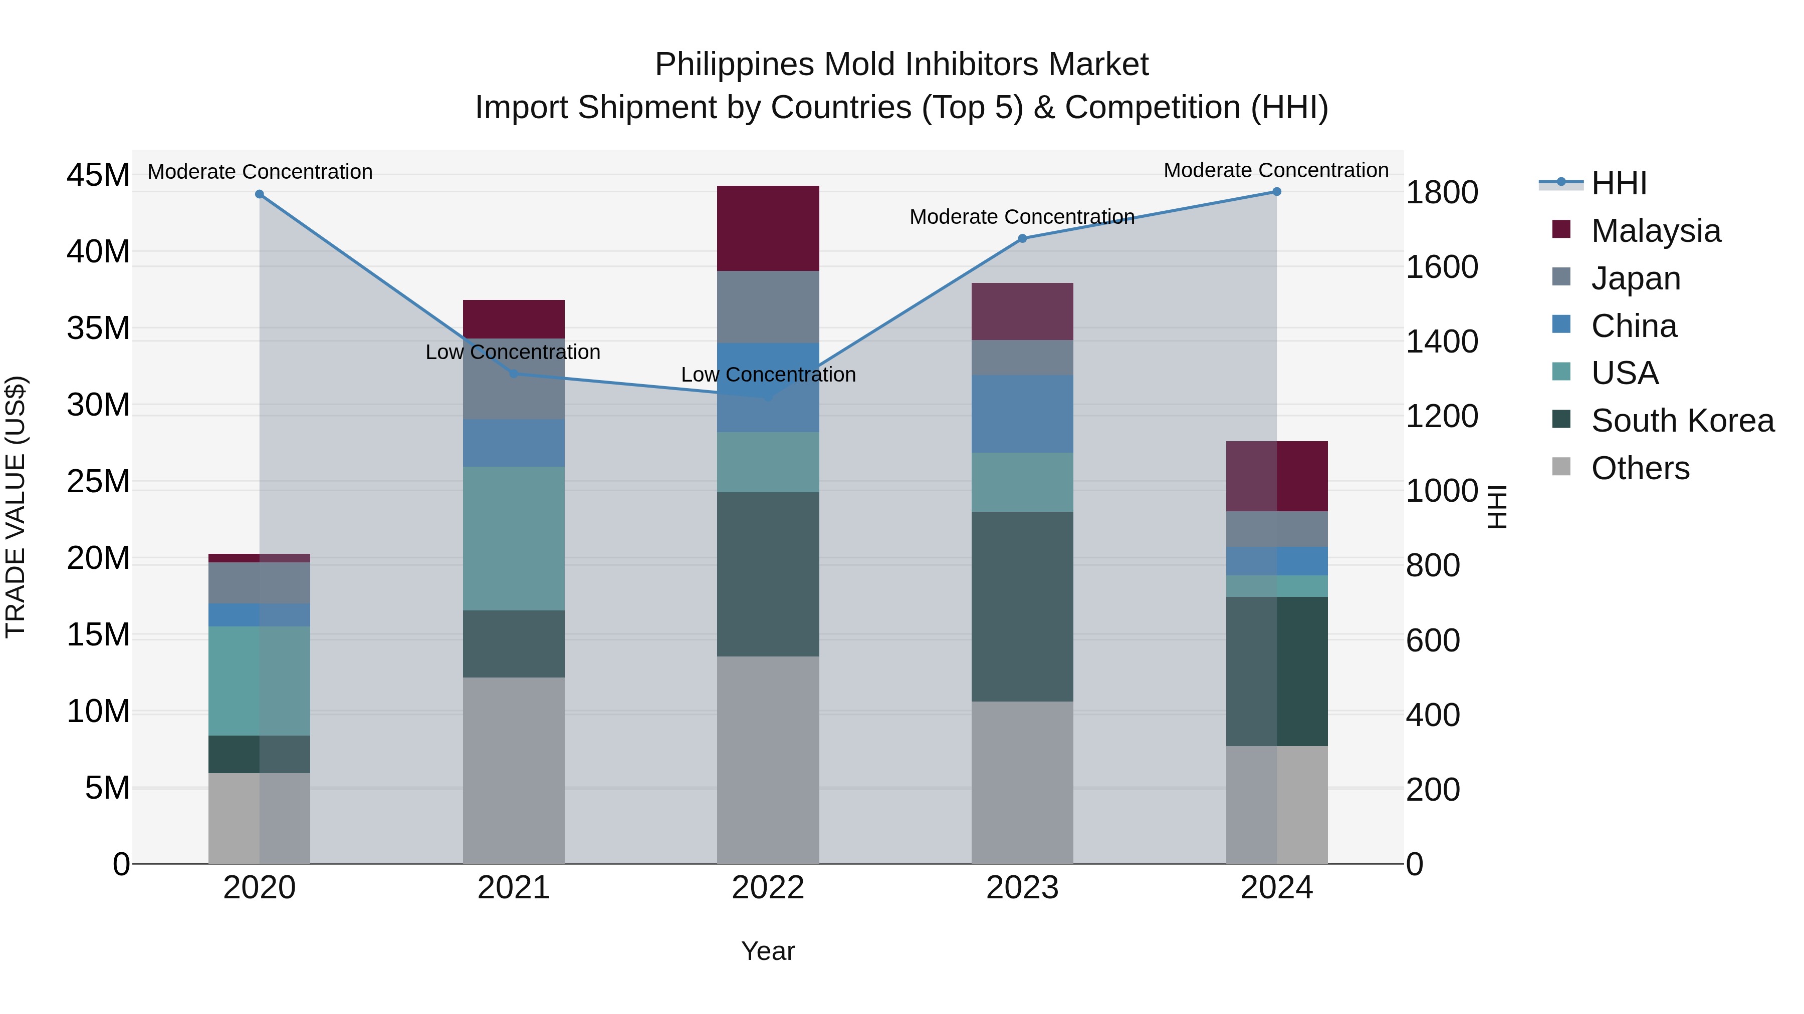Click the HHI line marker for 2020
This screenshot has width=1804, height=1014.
[259, 194]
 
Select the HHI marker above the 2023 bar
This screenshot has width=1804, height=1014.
[1022, 239]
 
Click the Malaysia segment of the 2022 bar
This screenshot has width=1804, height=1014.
[768, 228]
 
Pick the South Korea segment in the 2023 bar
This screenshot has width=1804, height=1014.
[1022, 606]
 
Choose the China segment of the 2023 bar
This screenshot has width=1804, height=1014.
[1022, 414]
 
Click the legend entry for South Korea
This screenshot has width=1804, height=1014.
[1682, 421]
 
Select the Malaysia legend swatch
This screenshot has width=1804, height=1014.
[1561, 229]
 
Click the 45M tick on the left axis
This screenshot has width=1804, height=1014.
[98, 175]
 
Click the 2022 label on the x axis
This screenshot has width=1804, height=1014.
[768, 888]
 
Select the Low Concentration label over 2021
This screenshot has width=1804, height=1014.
[513, 352]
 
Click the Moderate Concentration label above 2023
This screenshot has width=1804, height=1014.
[1021, 217]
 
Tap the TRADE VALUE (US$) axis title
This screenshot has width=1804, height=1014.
[16, 507]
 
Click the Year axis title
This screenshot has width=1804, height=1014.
[768, 951]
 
